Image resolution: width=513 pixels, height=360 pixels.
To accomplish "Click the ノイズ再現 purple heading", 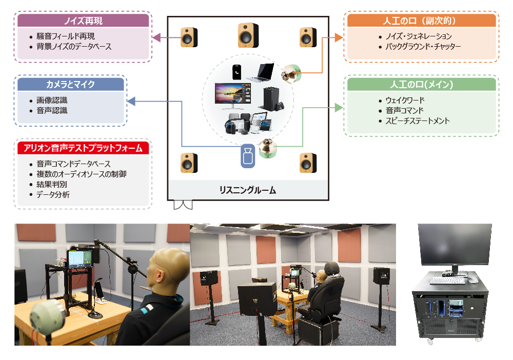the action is (x=83, y=21).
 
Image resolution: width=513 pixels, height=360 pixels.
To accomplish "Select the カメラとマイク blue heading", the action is (x=71, y=85).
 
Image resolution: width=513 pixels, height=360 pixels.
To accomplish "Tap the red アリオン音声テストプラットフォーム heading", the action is (x=83, y=148).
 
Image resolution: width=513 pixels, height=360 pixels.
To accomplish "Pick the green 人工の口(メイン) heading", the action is (x=421, y=85).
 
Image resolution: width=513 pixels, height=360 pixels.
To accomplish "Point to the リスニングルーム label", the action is (x=248, y=190).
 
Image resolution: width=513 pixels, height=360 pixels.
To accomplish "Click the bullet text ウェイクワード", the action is (x=405, y=100).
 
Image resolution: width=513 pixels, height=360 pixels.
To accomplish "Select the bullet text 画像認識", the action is (x=52, y=100).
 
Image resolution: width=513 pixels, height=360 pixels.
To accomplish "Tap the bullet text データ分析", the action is (x=53, y=194).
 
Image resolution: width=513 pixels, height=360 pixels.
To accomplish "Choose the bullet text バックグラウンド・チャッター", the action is (x=423, y=47).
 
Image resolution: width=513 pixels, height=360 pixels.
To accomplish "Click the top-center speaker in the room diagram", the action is (x=248, y=35).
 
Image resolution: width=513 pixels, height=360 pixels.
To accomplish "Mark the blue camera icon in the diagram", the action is (x=248, y=156).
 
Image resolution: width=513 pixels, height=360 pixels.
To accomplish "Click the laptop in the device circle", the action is (x=261, y=73).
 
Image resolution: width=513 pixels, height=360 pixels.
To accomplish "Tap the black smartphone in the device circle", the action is (x=237, y=72).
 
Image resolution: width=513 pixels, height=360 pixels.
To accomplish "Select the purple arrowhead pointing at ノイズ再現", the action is (x=156, y=37).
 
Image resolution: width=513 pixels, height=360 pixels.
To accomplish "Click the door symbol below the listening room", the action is (x=183, y=205).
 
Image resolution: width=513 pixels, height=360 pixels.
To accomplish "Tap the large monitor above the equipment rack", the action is (x=455, y=245).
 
